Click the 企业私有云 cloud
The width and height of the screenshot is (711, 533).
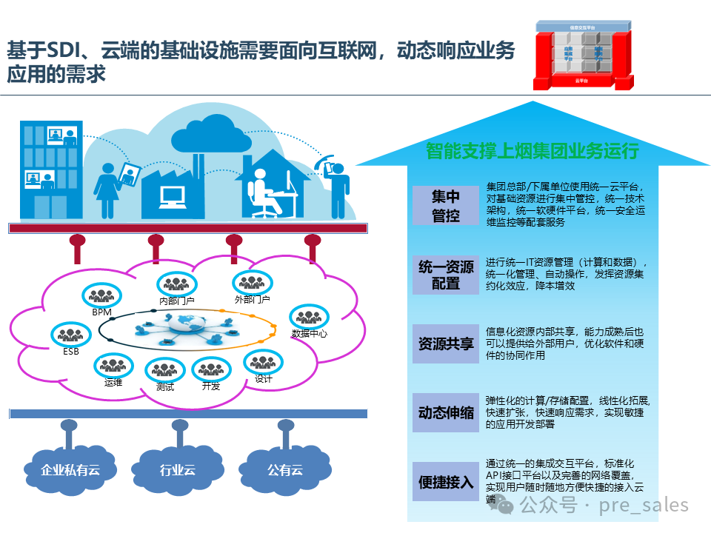tap(70, 469)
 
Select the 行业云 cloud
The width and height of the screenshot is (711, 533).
tap(178, 469)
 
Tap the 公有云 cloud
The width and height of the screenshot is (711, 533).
tap(285, 469)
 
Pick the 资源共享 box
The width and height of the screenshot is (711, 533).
tap(446, 344)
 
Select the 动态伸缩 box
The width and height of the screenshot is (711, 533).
tap(446, 413)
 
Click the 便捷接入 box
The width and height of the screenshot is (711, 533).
tap(446, 482)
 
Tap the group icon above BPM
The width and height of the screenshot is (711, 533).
tap(100, 295)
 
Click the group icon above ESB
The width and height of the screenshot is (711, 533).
tap(69, 335)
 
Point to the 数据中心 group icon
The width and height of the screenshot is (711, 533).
tap(307, 316)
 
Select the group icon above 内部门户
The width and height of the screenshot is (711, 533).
tap(177, 283)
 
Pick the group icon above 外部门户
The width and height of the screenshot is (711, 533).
tap(252, 281)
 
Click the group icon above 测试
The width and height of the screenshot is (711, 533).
tap(164, 369)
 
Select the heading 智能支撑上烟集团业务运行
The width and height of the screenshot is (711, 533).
tap(532, 151)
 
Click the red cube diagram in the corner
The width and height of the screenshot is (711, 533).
tap(586, 53)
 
